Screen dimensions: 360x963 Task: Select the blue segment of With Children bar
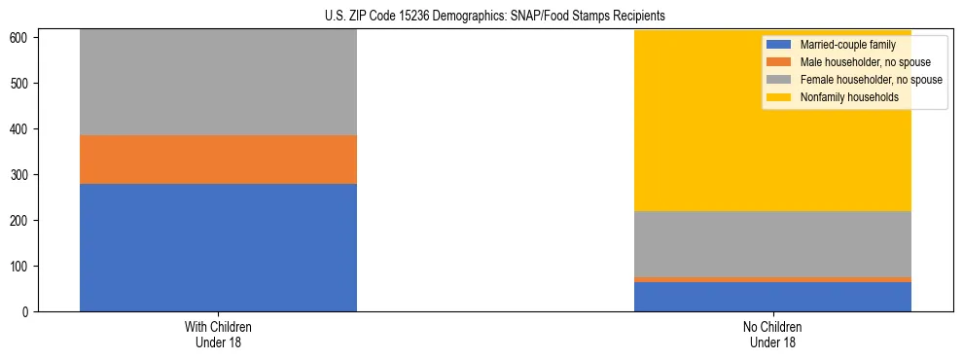(x=218, y=247)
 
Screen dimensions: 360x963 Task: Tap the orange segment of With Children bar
(x=218, y=160)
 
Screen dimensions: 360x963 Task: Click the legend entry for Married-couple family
(x=840, y=45)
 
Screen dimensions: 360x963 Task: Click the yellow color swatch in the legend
(x=779, y=97)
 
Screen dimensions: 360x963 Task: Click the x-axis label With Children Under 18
(x=218, y=334)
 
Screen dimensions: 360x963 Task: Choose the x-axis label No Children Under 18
(x=772, y=334)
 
